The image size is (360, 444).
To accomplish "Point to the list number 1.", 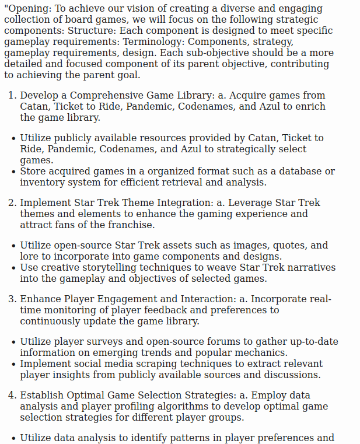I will [x=12, y=96].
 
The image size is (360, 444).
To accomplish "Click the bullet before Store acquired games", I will [x=13, y=172].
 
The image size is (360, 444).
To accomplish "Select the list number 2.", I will [x=12, y=203].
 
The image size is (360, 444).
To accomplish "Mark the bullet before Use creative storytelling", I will [x=13, y=268].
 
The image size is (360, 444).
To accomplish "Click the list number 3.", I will [x=12, y=299].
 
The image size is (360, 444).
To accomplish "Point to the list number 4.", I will [x=12, y=396].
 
